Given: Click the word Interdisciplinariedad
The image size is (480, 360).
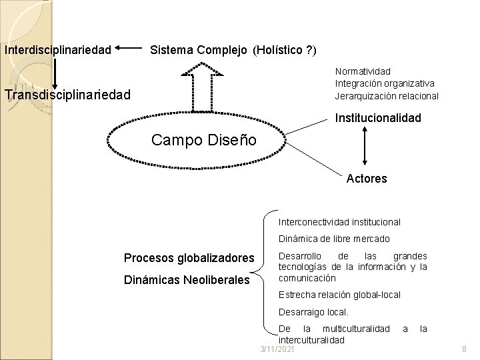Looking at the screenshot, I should [57, 50].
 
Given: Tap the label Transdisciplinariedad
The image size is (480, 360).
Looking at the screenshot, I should [67, 95].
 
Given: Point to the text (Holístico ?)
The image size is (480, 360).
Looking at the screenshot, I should [285, 50].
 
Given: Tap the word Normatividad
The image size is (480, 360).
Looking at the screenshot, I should [363, 71].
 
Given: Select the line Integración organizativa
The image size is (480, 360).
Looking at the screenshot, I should [385, 83].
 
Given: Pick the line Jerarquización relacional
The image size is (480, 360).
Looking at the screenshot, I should [387, 95].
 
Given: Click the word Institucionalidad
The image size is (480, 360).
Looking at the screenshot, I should [377, 118].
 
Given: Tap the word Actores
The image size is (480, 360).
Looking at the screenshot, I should [367, 178].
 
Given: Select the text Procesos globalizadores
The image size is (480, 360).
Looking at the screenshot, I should [189, 258].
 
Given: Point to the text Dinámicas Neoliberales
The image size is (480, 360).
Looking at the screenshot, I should [187, 281].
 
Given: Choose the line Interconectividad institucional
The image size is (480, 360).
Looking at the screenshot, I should [339, 221].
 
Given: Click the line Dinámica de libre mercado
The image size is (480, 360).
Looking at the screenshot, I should [334, 239].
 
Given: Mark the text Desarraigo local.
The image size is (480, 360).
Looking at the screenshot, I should [313, 311].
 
